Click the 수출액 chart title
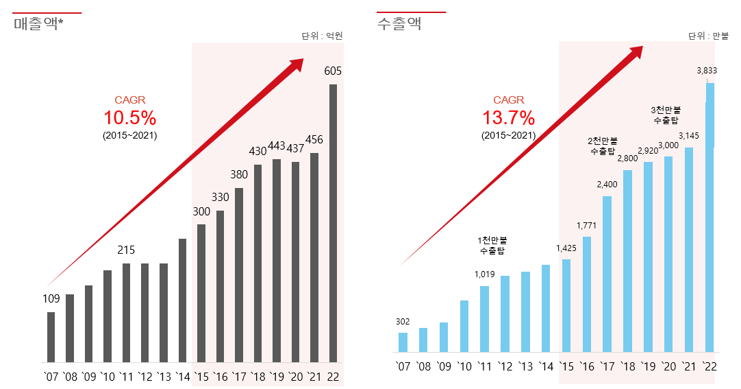coord(399,24)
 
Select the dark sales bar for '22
coord(333,223)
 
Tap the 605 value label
coord(333,71)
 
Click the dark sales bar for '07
coord(51,337)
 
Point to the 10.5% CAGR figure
coord(130,117)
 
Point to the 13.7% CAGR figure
coord(508,117)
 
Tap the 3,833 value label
coord(707,70)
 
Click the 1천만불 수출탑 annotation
coord(492,246)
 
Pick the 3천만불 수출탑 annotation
coord(666,115)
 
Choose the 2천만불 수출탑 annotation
coord(603,146)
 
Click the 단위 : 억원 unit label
coord(321,36)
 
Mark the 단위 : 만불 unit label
coord(708,36)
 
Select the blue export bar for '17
coord(607,274)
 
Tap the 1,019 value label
coord(484,274)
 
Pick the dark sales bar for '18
coord(258,263)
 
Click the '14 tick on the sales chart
coord(183,377)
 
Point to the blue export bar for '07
coord(403,342)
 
